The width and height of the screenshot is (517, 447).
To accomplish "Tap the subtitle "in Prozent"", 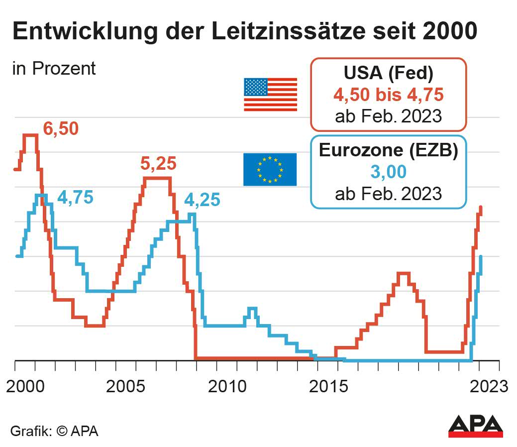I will pyautogui.click(x=54, y=68).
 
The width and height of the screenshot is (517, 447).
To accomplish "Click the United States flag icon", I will pyautogui.click(x=270, y=94).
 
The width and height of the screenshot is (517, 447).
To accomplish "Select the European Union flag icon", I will pyautogui.click(x=270, y=169).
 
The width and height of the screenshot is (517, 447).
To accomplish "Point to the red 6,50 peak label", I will pyautogui.click(x=61, y=128).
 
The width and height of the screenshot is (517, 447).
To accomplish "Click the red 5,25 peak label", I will pyautogui.click(x=159, y=163).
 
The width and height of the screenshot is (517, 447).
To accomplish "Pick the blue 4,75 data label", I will pyautogui.click(x=75, y=197).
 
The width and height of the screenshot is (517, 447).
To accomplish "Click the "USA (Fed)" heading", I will pyautogui.click(x=388, y=74).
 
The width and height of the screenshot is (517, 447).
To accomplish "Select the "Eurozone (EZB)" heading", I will pyautogui.click(x=388, y=150).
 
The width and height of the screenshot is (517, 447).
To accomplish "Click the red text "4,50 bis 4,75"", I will pyautogui.click(x=388, y=95).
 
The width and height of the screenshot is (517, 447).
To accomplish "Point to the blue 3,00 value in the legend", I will pyautogui.click(x=388, y=172).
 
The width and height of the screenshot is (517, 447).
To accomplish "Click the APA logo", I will pyautogui.click(x=475, y=426).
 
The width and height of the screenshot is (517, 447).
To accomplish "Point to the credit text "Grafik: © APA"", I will pyautogui.click(x=55, y=431).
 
